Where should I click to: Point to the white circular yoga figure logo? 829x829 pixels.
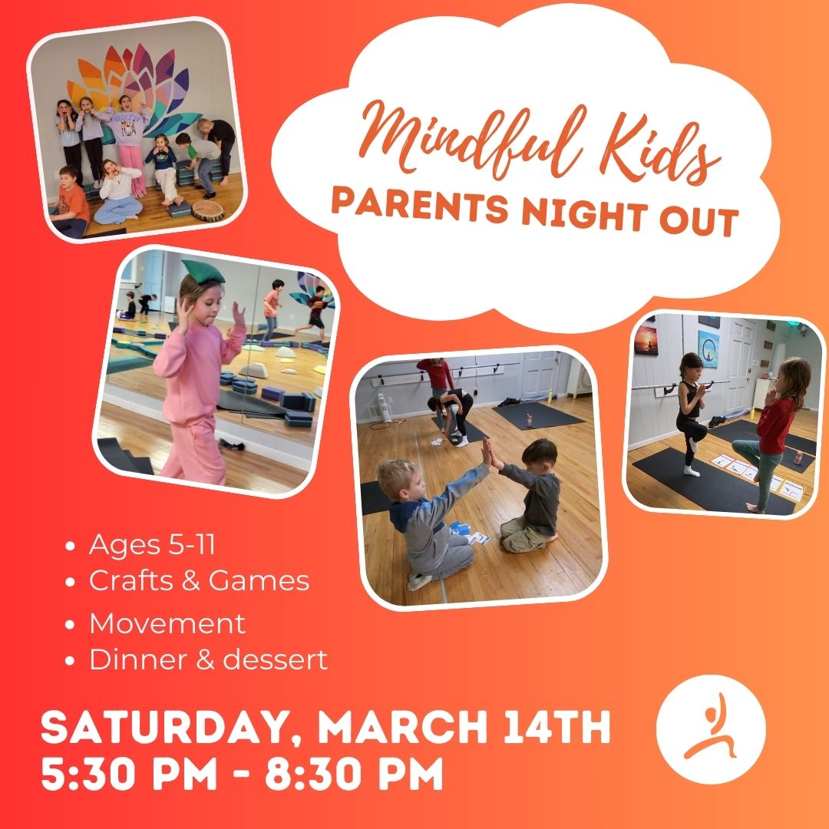click(711, 729)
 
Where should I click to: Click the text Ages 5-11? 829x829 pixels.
click(152, 544)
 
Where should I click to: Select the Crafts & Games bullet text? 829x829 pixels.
click(199, 580)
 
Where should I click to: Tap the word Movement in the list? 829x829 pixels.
click(167, 623)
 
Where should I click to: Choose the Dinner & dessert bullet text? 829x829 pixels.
click(208, 660)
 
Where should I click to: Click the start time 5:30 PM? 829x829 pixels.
click(129, 775)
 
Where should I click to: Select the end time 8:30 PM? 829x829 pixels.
click(354, 775)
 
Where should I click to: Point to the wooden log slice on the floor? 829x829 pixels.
click(208, 210)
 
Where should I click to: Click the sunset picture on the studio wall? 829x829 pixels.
click(646, 340)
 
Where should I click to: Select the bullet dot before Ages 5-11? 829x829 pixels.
click(70, 547)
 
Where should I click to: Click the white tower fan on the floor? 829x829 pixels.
click(385, 407)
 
